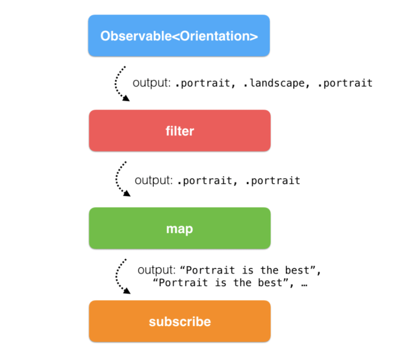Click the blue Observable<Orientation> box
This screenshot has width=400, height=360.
[x=179, y=36]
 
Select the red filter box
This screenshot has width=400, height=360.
[x=180, y=130]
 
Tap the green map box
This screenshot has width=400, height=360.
[x=180, y=228]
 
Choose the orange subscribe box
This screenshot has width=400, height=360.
[x=180, y=321]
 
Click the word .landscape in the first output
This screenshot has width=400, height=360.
[x=274, y=83]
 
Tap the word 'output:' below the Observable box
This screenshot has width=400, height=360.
[x=152, y=83]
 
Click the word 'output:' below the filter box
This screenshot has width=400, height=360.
[x=153, y=180]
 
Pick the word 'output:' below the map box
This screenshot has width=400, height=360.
[x=157, y=270]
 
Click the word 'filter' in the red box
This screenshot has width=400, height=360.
[x=180, y=131]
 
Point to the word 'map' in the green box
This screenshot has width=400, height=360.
[x=180, y=229]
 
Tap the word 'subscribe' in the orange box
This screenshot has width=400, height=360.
[x=180, y=322]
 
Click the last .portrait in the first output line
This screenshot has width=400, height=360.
[x=345, y=83]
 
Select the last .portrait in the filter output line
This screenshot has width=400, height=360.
[x=273, y=180]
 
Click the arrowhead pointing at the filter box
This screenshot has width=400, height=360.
[x=126, y=98]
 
